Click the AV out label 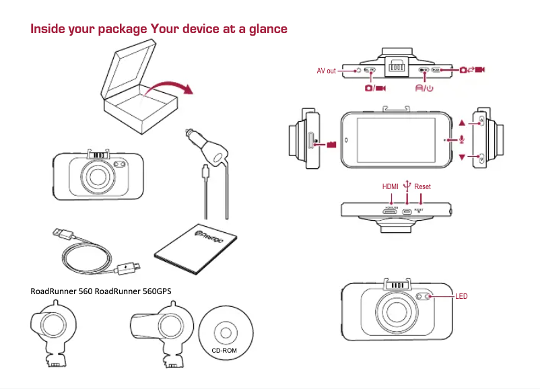pos(326,71)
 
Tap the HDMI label pos(391,186)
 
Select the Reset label pos(422,186)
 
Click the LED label pos(461,296)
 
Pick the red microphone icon pos(463,139)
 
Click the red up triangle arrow pos(462,124)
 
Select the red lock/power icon pos(424,87)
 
